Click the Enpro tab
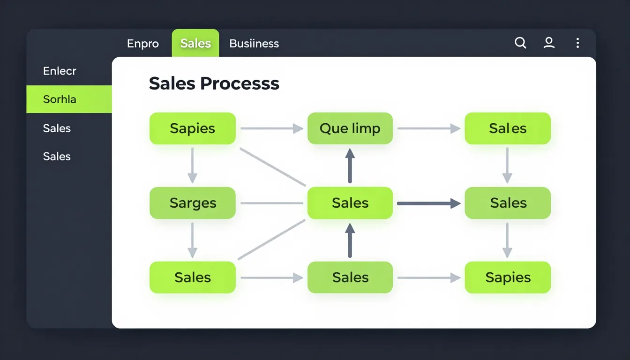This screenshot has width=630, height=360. (x=143, y=44)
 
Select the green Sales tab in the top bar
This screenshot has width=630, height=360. (x=195, y=43)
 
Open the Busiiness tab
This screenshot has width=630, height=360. (x=254, y=44)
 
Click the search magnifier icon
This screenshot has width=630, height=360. (x=520, y=43)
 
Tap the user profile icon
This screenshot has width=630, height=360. (x=549, y=43)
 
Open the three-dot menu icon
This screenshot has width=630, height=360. (x=577, y=43)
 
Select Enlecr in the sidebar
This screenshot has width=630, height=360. (x=60, y=71)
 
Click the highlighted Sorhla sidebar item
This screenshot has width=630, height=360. (x=69, y=99)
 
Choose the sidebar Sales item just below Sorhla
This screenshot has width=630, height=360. (x=57, y=128)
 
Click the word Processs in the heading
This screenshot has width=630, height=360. (x=240, y=84)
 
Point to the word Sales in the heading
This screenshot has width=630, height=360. (x=172, y=83)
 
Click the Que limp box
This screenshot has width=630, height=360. (x=350, y=128)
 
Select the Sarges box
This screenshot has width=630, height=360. (x=193, y=203)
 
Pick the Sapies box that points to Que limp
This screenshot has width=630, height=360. (x=193, y=128)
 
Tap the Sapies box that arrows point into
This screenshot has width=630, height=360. (x=508, y=277)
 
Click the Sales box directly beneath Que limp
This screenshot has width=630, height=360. (x=350, y=203)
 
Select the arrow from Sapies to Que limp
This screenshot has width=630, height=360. (x=272, y=128)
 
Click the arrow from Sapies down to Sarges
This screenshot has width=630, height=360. (x=192, y=165)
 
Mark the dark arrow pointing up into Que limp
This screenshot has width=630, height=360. (x=350, y=166)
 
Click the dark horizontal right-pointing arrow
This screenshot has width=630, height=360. (x=429, y=203)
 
